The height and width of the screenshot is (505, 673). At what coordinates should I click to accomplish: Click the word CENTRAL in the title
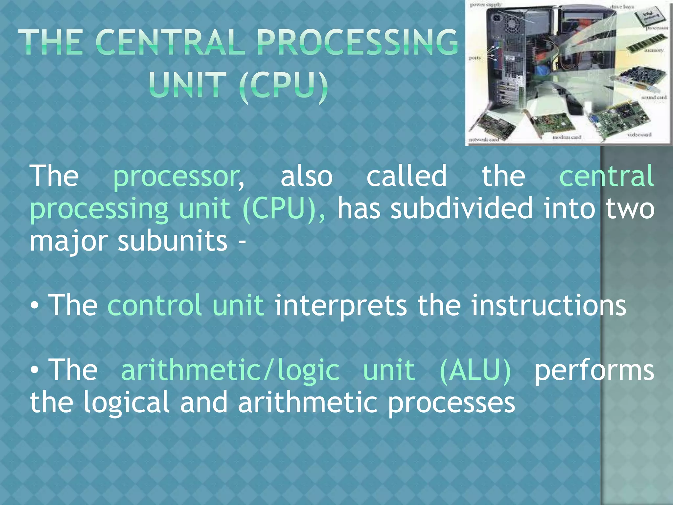click(x=171, y=42)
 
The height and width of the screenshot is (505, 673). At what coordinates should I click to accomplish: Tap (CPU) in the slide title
click(x=283, y=85)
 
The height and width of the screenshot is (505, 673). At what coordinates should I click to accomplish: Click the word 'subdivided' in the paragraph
click(x=461, y=209)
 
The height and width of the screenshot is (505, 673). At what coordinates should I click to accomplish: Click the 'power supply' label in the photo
click(x=486, y=5)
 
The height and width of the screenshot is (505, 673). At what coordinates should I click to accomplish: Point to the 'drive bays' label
click(x=622, y=7)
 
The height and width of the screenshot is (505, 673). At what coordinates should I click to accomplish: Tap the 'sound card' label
click(x=654, y=97)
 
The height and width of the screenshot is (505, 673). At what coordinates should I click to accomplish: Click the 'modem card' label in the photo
click(x=567, y=137)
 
